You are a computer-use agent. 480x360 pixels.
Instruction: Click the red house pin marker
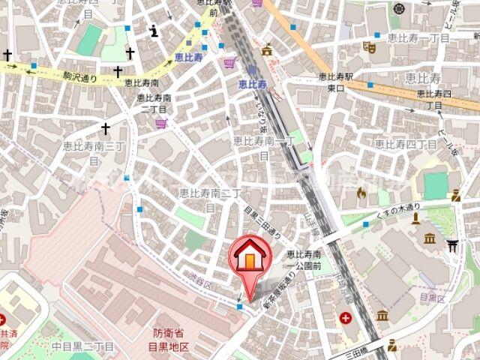click(250, 259)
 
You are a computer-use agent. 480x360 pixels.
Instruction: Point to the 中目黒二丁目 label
click(82, 346)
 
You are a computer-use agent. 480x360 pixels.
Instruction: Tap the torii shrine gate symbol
click(452, 244)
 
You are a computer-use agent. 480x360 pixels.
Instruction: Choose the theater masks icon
click(368, 47)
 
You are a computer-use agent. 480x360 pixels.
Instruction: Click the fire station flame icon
click(361, 193)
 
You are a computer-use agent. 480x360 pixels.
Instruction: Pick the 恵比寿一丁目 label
click(418, 37)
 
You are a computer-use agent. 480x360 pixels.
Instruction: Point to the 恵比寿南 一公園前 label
click(307, 259)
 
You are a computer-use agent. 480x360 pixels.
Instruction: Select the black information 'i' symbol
click(154, 31)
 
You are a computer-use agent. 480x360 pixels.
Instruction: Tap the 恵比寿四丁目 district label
click(406, 143)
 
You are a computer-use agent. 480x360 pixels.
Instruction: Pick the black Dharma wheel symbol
click(398, 9)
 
